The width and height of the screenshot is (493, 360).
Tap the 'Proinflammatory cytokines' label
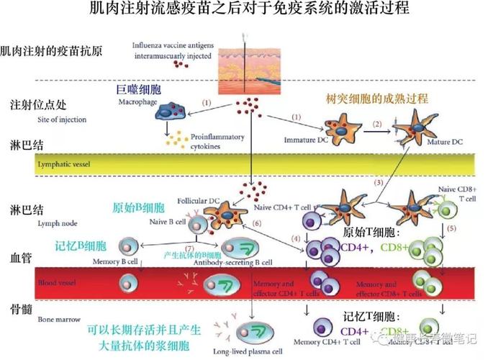(217, 140)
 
